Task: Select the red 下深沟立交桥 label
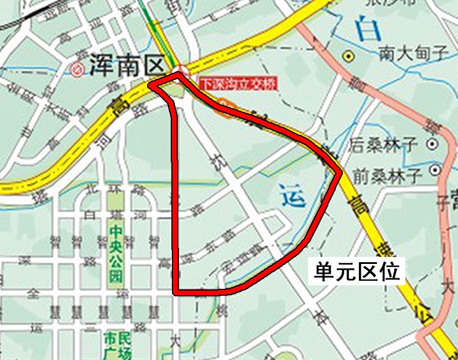point(237,83)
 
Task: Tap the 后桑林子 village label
point(384,145)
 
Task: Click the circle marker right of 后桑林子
point(431,143)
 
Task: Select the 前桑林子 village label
point(384,171)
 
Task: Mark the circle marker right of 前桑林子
point(435,170)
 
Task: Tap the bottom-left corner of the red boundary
point(177,292)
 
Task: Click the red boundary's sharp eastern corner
point(340,172)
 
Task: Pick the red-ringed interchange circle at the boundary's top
point(182,71)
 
